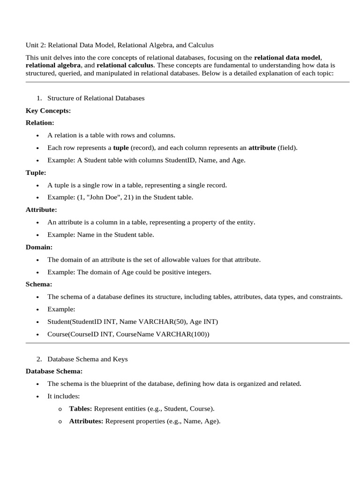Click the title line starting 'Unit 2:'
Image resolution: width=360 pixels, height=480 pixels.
[120, 45]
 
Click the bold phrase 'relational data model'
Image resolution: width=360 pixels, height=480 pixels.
[287, 57]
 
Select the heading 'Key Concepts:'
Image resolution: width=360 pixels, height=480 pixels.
[48, 111]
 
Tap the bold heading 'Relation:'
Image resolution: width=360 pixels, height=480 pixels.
[40, 123]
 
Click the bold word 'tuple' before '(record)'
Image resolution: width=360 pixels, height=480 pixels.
[121, 148]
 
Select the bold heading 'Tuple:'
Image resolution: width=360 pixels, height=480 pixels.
[36, 172]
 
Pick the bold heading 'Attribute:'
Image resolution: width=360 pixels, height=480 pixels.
[41, 210]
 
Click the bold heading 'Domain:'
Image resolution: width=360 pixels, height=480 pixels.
[39, 247]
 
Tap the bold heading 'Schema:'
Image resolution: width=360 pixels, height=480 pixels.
[39, 284]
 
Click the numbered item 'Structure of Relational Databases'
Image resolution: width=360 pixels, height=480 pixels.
[96, 98]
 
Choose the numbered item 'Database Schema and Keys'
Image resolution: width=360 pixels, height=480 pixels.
[87, 359]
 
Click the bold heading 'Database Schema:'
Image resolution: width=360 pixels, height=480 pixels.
[54, 371]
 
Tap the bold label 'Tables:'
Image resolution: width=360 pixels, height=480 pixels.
[81, 409]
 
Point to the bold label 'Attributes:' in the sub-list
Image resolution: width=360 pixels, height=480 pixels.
[86, 421]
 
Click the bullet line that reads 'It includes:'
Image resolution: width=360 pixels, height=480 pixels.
[64, 396]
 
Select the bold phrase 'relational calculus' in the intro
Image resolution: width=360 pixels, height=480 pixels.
[126, 65]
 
